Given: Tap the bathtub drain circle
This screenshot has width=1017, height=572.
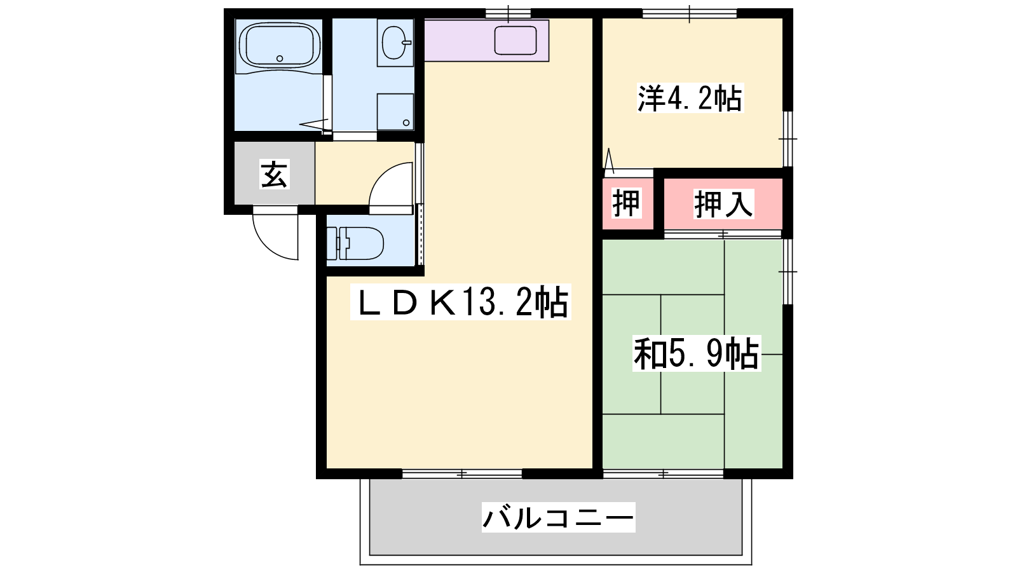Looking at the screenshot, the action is tap(280, 58).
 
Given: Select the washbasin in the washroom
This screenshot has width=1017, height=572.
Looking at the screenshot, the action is tap(395, 43).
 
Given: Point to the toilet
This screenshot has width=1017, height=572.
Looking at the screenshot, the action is tap(355, 244).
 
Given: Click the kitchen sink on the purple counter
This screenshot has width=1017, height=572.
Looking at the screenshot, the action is tap(515, 41).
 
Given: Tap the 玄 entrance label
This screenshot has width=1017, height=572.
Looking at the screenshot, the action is tap(274, 174).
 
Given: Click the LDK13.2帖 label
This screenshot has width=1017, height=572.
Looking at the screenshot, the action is tap(461, 303).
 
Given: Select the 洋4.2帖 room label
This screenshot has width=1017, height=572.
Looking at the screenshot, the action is tap(690, 98).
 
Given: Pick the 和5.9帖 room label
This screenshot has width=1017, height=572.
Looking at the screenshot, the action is tap(697, 353).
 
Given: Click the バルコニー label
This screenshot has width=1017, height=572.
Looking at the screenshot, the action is tap(559, 517).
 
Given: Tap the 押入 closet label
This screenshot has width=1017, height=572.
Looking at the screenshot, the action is tap(724, 204).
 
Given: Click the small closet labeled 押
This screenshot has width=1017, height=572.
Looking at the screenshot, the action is tap(627, 204).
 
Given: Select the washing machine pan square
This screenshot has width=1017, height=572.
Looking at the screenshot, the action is tap(395, 112).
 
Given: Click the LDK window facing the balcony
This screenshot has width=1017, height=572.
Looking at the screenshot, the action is tap(461, 474).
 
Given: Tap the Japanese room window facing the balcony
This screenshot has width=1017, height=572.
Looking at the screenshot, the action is tap(664, 474).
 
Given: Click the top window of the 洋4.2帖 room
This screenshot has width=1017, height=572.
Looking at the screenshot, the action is tap(690, 13).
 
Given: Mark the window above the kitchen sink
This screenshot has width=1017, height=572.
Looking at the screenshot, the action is tap(508, 13).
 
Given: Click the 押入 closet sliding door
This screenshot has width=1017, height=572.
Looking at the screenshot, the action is tap(723, 235).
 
